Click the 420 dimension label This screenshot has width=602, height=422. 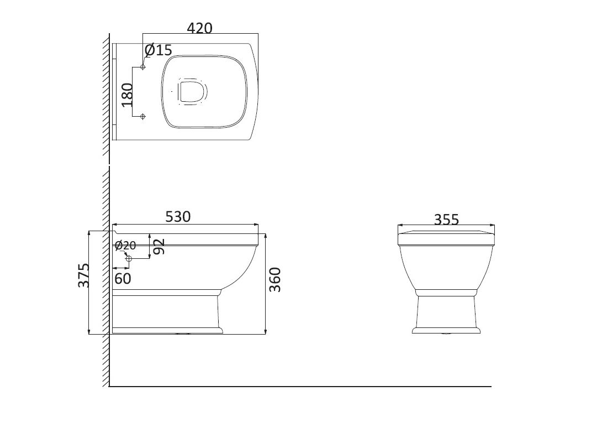coord(199,28)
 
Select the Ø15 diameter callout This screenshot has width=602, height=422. coord(159,50)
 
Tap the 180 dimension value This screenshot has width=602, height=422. coord(127,95)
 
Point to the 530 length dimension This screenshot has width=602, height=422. coord(178,217)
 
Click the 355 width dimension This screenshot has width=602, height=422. coord(446,220)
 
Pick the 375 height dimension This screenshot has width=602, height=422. coord(84,275)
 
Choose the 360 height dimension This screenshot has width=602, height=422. coord(275,280)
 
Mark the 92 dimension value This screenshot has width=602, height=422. coord(159,246)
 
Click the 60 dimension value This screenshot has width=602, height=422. coord(123,279)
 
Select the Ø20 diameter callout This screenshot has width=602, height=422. coord(125,245)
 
